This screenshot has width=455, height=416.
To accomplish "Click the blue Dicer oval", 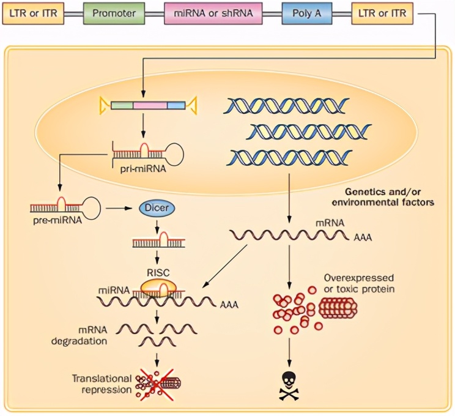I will pyautogui.click(x=158, y=209).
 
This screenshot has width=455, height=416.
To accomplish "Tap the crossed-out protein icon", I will pyautogui.click(x=158, y=383).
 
